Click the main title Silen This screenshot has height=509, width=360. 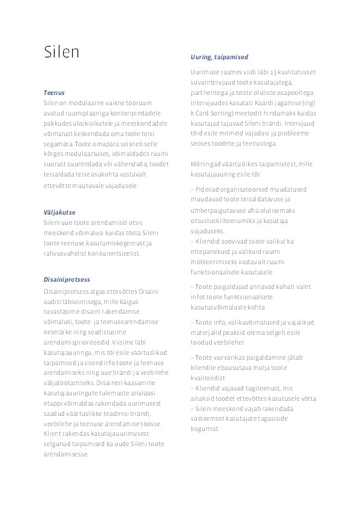61,52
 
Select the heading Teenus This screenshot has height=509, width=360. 54,93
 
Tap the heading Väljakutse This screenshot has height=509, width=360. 59,213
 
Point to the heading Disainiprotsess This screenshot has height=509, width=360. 67,280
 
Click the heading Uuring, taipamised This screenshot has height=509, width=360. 219,57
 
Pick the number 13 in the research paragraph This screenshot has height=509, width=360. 274,73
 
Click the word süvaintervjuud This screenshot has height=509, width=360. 211,83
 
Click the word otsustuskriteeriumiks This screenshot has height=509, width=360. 223,221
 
